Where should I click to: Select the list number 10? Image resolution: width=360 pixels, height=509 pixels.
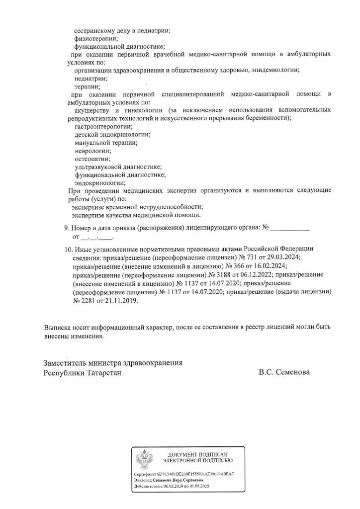pyautogui.click(x=69, y=249)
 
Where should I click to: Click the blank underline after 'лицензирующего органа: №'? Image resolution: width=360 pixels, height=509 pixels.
pyautogui.click(x=289, y=229)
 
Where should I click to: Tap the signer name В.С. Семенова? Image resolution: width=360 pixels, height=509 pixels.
pyautogui.click(x=284, y=372)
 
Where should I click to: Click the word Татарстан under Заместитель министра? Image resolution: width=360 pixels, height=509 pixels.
pyautogui.click(x=103, y=372)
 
